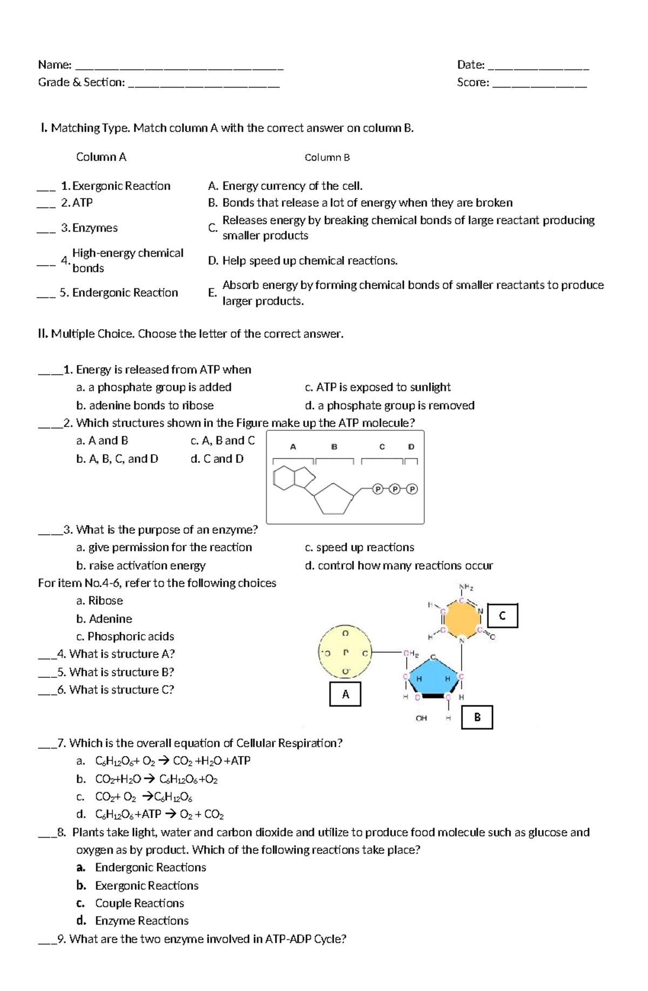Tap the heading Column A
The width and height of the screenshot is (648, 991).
(101, 157)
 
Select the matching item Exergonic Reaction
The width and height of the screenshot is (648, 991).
(121, 186)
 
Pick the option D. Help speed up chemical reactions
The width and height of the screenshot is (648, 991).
(302, 261)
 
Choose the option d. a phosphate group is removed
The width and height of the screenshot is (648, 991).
(389, 405)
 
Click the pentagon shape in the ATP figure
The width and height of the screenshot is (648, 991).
(333, 497)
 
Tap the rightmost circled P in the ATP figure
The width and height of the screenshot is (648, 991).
(413, 489)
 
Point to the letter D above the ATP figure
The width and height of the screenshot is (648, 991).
(411, 447)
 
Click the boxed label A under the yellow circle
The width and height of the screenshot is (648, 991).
(345, 694)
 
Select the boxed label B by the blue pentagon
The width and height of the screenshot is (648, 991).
(477, 717)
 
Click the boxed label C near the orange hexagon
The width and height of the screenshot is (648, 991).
(502, 616)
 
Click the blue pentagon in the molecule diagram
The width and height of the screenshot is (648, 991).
(432, 678)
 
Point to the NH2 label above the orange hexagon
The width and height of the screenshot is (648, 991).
(465, 587)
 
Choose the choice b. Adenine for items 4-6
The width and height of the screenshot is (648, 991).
(104, 618)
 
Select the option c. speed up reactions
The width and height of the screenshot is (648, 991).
(359, 547)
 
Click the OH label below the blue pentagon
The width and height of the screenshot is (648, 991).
(421, 718)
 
